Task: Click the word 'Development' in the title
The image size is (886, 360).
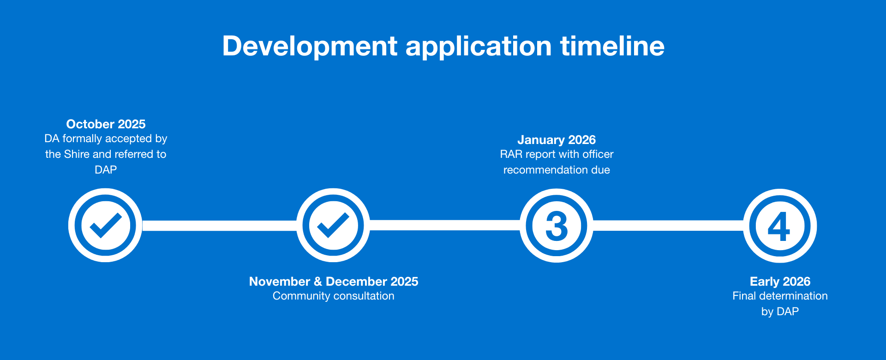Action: pos(310,47)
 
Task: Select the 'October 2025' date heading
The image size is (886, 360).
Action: pos(106,124)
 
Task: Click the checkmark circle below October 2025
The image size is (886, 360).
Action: pos(105,225)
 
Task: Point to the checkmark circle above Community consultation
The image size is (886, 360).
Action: pos(333,225)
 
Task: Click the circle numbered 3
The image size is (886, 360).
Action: pos(557,226)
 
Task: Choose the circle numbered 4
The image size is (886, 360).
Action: pos(780,226)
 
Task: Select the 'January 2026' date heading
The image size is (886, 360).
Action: pos(557,140)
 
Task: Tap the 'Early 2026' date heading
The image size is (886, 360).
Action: pos(780,282)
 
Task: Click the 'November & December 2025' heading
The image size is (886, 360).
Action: pos(334,282)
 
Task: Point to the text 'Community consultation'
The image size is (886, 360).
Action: pos(334,296)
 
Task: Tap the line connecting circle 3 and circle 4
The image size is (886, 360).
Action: pos(668,226)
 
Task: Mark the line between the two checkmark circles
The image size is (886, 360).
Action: pos(219,226)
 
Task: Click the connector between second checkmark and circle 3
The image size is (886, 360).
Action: pos(445,225)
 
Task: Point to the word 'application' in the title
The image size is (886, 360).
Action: pos(479,47)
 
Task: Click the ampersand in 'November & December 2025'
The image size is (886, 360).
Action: pos(318,282)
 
